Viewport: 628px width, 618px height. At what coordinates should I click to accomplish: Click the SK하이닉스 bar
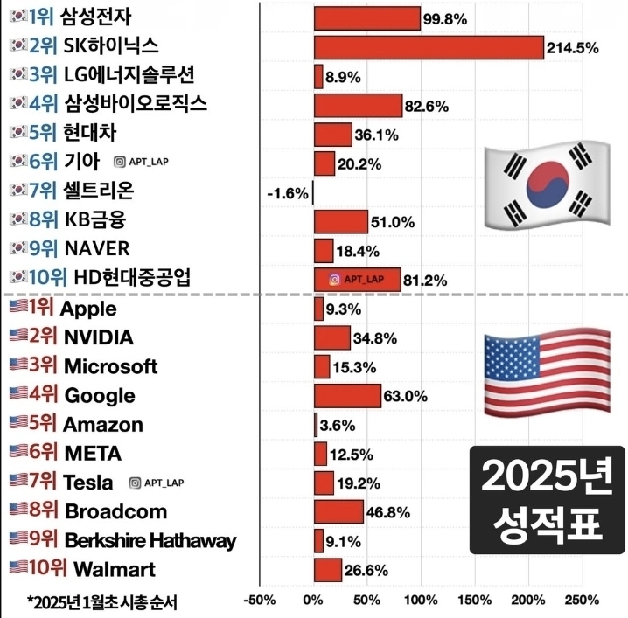point(429,47)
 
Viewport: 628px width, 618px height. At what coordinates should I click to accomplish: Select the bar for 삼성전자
point(366,18)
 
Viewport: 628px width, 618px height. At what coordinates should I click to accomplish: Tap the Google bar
point(347,396)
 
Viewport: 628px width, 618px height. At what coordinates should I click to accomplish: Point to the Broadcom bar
point(338,511)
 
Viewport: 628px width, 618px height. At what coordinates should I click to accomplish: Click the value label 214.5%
point(572,48)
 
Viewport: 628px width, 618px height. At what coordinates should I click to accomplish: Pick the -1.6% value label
point(288,193)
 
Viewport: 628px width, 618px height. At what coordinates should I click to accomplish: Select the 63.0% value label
point(406,396)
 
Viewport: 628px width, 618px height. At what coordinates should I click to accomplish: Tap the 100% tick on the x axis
point(421,601)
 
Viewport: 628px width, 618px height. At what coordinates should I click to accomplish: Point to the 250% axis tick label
point(582,601)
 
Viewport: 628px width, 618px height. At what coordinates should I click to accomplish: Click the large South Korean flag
point(548,186)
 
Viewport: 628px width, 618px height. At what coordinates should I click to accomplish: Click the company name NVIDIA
point(98,337)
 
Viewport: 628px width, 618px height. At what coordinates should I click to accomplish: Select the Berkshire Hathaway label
point(150,541)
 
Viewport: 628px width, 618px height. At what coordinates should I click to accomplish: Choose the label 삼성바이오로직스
point(136,105)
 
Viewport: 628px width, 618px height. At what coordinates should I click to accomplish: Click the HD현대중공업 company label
point(132,279)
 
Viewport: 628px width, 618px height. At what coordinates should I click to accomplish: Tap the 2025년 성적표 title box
point(547,499)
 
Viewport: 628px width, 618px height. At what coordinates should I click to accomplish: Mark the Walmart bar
point(328,570)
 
